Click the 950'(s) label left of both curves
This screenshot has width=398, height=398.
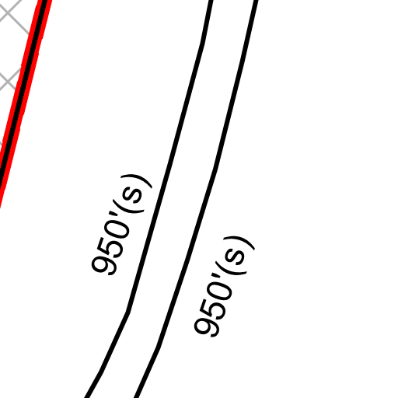121,225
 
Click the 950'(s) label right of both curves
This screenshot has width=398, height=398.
224,287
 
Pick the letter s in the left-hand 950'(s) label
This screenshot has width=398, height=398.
131,194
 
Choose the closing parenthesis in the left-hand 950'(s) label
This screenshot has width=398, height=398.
137,180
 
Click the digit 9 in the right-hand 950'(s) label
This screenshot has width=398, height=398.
207,327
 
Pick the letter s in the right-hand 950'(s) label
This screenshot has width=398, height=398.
234,256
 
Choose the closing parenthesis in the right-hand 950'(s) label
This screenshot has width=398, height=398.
239,243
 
